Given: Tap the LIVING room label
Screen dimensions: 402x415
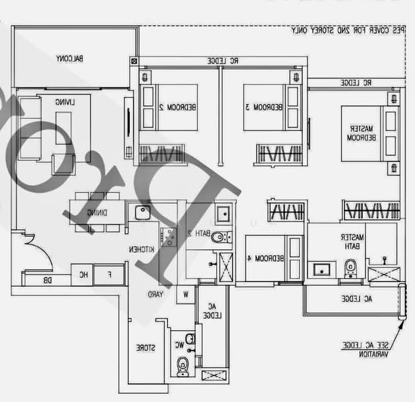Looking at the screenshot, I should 64,102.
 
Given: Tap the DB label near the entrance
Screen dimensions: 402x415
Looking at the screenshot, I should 48,280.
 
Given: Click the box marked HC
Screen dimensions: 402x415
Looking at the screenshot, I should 83,274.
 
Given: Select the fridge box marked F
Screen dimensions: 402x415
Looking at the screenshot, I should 110,274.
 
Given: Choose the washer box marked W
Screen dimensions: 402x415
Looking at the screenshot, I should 185,294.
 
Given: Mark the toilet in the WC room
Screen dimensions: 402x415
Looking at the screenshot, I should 183,365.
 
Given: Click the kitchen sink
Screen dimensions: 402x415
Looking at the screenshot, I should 141,214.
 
